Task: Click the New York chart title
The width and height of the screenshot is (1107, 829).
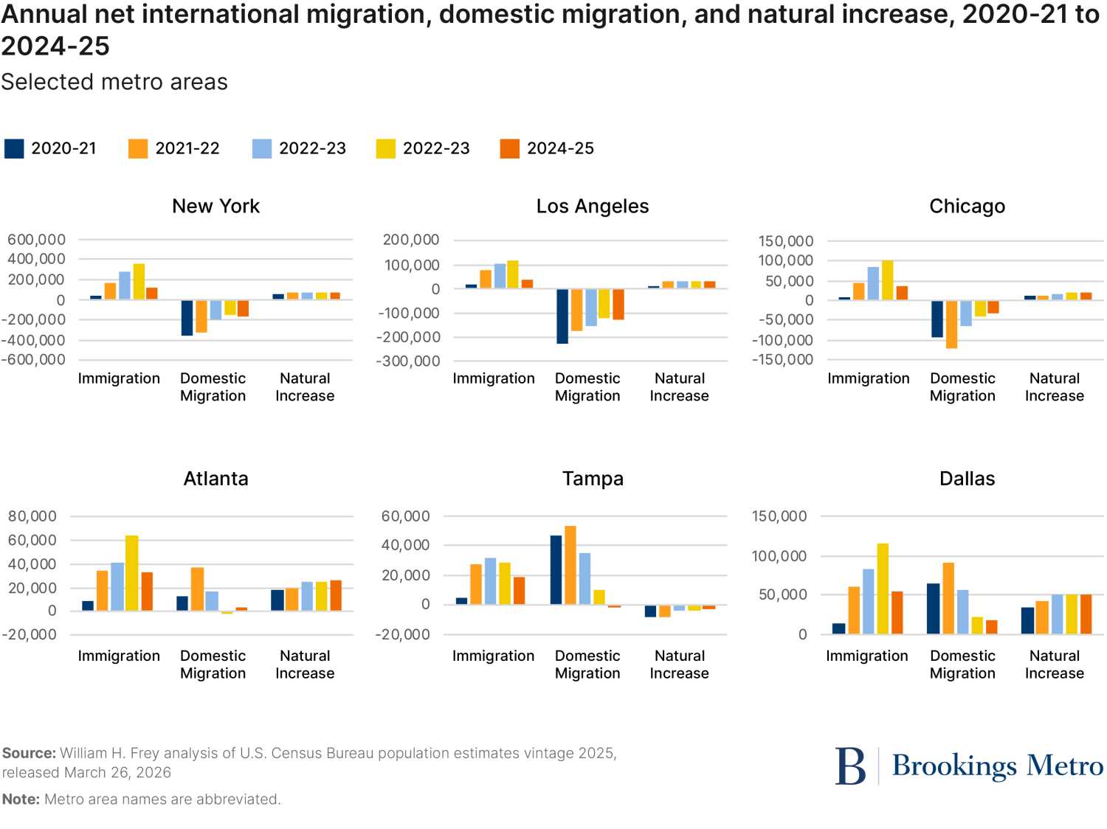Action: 215,207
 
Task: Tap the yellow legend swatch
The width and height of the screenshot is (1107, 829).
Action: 386,148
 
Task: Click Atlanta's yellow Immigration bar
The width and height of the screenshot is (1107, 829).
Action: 132,573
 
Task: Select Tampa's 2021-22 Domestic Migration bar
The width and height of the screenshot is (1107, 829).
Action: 570,565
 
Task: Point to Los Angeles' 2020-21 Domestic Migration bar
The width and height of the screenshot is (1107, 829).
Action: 562,316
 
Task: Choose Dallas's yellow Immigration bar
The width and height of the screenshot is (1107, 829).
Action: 883,589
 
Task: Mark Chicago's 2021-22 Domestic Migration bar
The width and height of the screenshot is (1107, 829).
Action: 951,324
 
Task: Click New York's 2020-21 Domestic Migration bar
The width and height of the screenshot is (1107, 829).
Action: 187,318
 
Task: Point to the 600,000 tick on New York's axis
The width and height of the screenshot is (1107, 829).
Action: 36,240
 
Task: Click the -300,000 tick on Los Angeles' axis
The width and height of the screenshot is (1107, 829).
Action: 408,361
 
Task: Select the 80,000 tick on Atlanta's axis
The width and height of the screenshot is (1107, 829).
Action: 32,516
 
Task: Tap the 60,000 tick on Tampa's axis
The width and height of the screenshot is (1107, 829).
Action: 405,516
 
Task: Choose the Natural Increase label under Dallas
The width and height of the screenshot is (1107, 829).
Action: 1054,665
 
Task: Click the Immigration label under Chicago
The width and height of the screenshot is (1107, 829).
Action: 868,378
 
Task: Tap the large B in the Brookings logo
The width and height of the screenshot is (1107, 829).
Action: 850,766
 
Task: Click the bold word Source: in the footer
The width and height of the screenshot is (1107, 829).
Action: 29,753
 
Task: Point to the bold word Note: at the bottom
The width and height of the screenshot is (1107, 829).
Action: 21,799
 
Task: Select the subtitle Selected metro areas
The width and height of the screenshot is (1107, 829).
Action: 114,82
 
